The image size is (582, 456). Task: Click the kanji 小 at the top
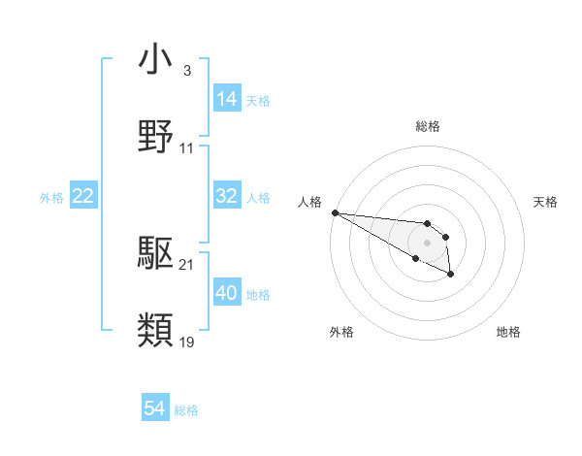click(x=156, y=60)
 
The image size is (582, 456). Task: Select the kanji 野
click(x=156, y=135)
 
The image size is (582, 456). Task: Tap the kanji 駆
click(x=156, y=254)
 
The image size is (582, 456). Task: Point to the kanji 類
click(x=156, y=330)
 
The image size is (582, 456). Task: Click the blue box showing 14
click(x=227, y=99)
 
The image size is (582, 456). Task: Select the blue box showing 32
click(x=227, y=196)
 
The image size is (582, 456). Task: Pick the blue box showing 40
click(x=227, y=293)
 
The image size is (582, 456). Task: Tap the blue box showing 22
click(x=83, y=196)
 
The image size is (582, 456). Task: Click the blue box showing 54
click(x=155, y=409)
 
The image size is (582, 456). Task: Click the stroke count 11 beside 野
click(x=187, y=148)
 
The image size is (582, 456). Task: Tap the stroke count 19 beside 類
click(x=187, y=342)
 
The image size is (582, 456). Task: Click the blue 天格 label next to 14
click(x=258, y=100)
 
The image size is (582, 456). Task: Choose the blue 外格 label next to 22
click(x=51, y=197)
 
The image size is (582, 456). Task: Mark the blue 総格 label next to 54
click(x=186, y=410)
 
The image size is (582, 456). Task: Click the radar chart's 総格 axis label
click(x=428, y=126)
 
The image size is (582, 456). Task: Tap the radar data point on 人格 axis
click(x=335, y=212)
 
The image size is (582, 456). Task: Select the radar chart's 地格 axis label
click(x=508, y=332)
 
